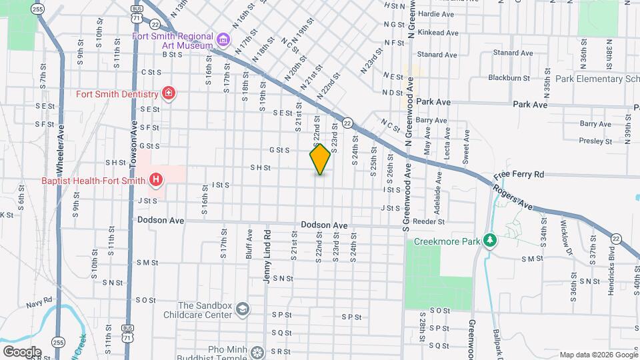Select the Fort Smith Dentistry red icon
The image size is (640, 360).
coord(168,93)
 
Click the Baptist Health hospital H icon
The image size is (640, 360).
coord(156,179)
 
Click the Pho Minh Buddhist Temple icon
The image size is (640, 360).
coord(257,351)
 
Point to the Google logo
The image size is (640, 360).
coord(21,351)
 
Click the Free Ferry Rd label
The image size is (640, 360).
coord(519,175)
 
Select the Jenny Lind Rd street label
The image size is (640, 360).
coord(267,257)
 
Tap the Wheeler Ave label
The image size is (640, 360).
coord(60,154)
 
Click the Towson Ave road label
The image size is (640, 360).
coord(133,144)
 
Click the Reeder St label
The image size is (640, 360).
coord(429,221)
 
